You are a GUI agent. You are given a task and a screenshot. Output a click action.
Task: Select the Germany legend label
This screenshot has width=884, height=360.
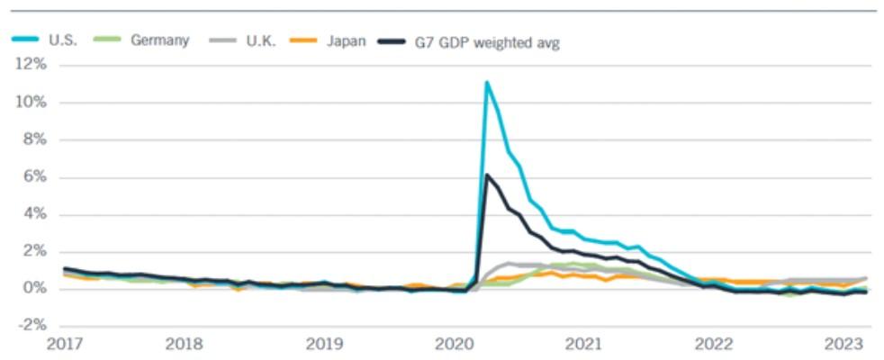pyautogui.click(x=159, y=41)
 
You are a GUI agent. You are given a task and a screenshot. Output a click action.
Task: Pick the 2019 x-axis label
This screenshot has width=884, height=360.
pyautogui.click(x=323, y=344)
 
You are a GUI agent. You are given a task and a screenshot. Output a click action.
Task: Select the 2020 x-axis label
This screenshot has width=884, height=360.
pyautogui.click(x=453, y=344)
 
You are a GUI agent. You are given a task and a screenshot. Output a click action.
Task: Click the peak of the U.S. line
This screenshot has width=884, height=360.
pyautogui.click(x=486, y=83)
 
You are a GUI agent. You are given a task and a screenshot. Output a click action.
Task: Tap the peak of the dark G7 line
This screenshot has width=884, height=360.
pyautogui.click(x=486, y=175)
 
